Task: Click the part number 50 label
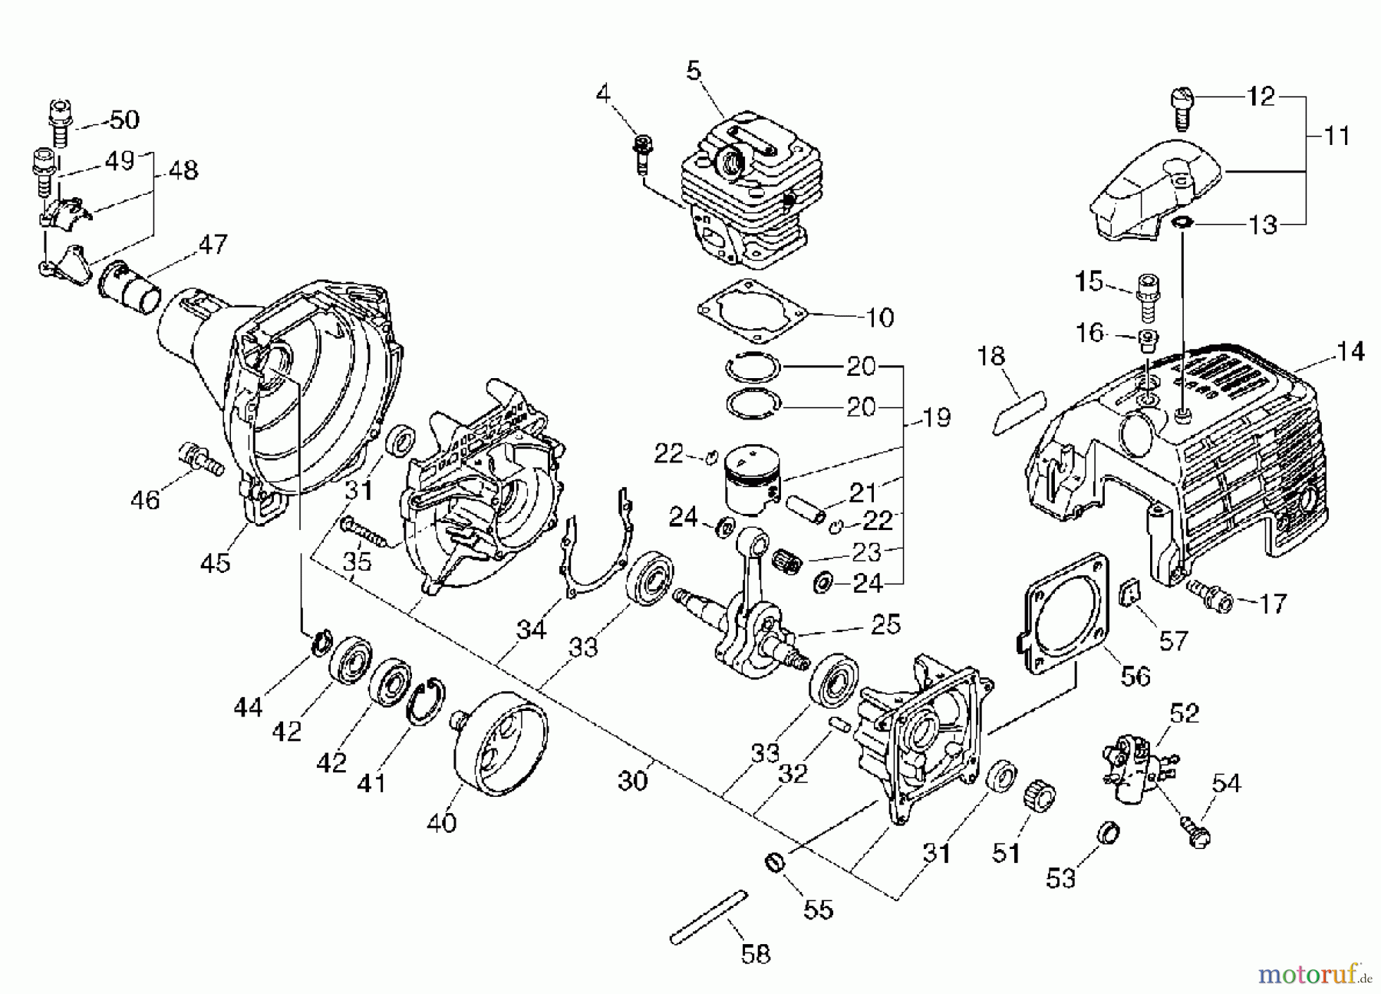tap(124, 120)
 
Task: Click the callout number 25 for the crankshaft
tap(885, 624)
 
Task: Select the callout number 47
tap(213, 245)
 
